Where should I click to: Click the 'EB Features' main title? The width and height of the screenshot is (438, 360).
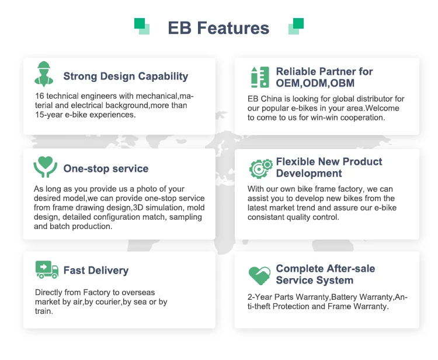pos(218,28)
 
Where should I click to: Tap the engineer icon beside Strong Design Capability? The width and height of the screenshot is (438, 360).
pos(44,74)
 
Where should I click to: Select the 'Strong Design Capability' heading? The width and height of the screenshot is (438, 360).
pos(126,76)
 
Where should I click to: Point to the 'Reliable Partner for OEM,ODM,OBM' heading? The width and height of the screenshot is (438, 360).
pos(324,77)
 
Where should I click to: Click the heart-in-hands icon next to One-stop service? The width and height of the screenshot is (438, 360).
pos(45,167)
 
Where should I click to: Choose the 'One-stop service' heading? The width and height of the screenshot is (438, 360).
pos(106,168)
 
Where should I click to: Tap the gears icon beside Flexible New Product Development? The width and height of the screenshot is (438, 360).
pos(260,168)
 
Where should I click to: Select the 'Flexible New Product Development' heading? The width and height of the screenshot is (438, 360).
pos(329,167)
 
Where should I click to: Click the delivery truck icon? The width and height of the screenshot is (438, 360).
pos(47,269)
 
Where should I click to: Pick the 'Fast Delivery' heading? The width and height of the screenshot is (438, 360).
pos(96,271)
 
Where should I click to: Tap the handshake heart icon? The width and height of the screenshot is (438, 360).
pos(259,274)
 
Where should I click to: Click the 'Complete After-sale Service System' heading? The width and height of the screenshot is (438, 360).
pos(325,274)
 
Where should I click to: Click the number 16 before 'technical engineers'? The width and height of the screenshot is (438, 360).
pos(39,96)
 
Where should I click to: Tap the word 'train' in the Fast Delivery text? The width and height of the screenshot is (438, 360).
pos(43,311)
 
